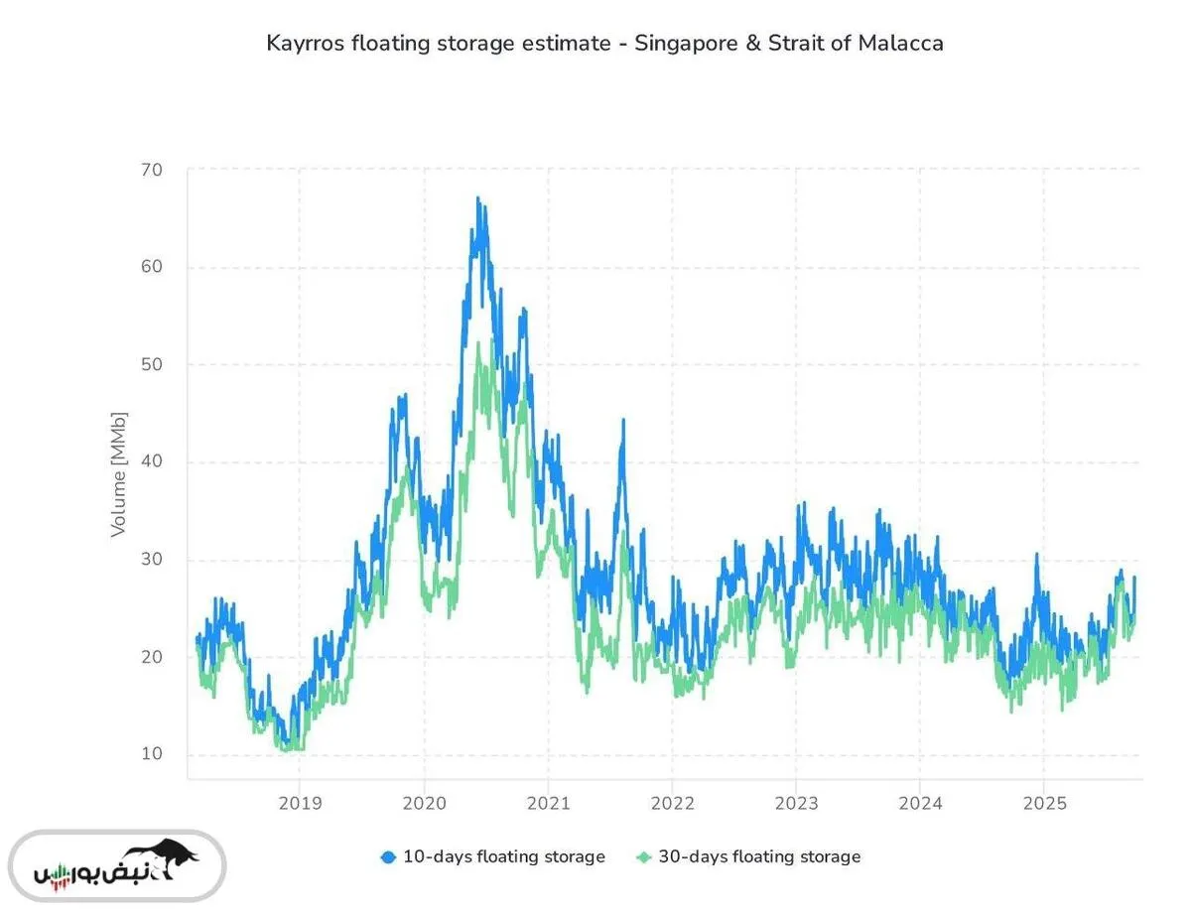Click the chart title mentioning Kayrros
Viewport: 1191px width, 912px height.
tap(604, 44)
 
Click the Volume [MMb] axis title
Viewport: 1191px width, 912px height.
tap(119, 473)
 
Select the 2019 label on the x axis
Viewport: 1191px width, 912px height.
tap(301, 803)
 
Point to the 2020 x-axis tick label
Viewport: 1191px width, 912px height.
tap(424, 803)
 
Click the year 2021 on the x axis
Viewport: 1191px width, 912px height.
tap(548, 803)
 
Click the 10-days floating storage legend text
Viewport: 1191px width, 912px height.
tap(503, 856)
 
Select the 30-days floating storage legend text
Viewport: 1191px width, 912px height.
tap(759, 856)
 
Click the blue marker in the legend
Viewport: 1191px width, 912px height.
tap(388, 856)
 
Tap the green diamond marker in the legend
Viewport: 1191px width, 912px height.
tap(643, 856)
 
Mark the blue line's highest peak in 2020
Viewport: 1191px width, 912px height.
tap(477, 198)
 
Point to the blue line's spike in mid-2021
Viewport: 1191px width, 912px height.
tap(623, 420)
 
